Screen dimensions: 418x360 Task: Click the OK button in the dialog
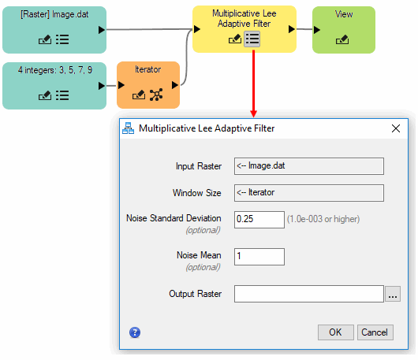pyautogui.click(x=336, y=332)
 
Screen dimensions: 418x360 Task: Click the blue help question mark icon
pyautogui.click(x=135, y=332)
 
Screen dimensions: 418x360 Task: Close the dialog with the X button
pyautogui.click(x=396, y=128)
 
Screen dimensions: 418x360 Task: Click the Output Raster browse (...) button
pyautogui.click(x=393, y=294)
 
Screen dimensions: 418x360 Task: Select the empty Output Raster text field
pyautogui.click(x=309, y=294)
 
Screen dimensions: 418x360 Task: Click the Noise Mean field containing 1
pyautogui.click(x=259, y=257)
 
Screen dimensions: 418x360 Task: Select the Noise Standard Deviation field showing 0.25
pyautogui.click(x=259, y=220)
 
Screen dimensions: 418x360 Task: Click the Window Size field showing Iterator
pyautogui.click(x=309, y=193)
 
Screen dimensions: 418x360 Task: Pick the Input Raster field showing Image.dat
pyautogui.click(x=309, y=166)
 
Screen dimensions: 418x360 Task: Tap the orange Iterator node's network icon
pyautogui.click(x=156, y=95)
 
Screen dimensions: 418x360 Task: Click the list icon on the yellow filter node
pyautogui.click(x=252, y=39)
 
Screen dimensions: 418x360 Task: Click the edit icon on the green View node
pyautogui.click(x=342, y=39)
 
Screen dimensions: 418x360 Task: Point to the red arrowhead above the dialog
pyautogui.click(x=253, y=113)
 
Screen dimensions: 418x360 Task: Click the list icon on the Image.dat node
pyautogui.click(x=62, y=39)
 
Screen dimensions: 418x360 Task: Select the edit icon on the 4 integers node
pyautogui.click(x=45, y=95)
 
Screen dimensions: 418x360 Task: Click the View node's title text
pyautogui.click(x=344, y=14)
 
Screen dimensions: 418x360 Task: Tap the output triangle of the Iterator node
pyautogui.click(x=175, y=85)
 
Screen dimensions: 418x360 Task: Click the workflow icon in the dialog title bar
pyautogui.click(x=129, y=128)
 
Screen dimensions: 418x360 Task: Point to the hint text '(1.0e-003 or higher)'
pyautogui.click(x=323, y=219)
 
